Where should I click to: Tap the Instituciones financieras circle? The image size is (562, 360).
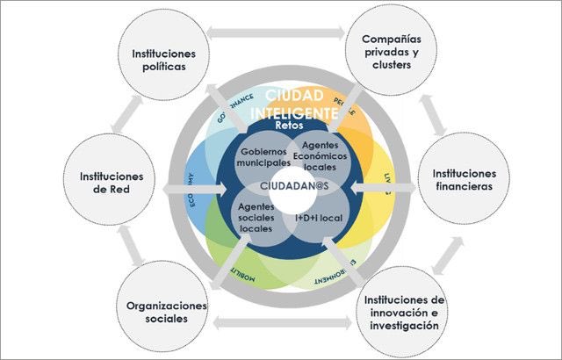click(465, 180)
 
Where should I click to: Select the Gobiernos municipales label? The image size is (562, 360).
click(254, 156)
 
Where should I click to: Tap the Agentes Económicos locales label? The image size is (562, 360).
click(312, 155)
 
